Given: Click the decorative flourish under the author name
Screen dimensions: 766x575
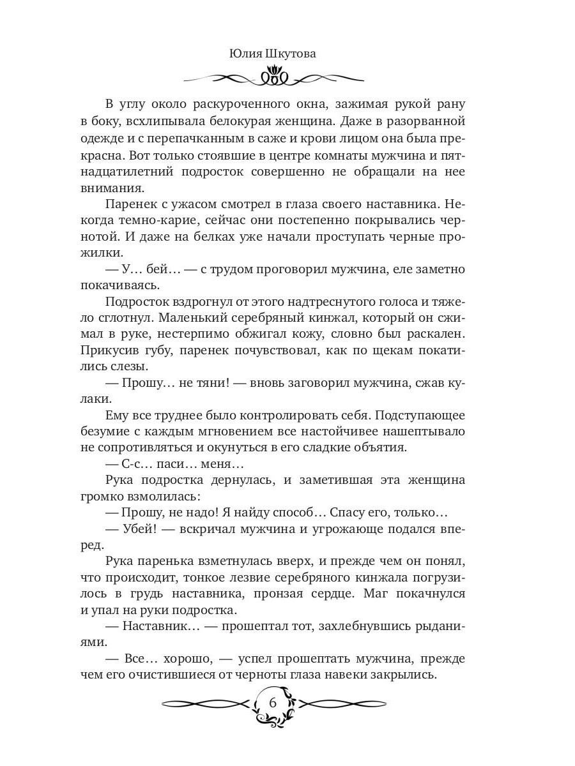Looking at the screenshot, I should tap(273, 78).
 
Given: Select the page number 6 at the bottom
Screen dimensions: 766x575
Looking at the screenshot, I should tap(273, 703).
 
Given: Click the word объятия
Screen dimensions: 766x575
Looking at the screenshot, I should tap(382, 448).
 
